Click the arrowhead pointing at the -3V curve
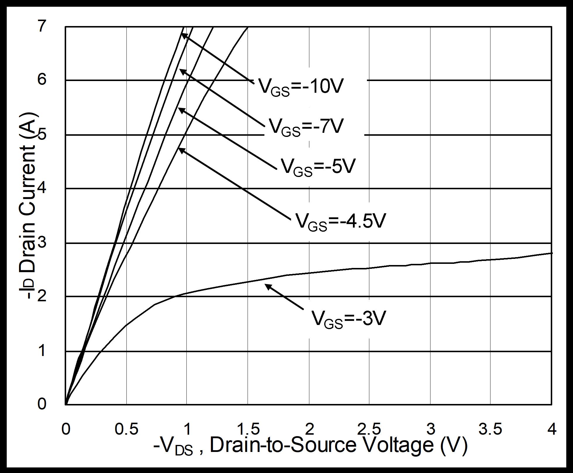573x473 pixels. (267, 286)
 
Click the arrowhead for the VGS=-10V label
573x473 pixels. (183, 35)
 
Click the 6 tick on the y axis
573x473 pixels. (42, 79)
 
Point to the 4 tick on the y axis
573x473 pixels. (42, 188)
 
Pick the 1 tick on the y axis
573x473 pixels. (42, 350)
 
